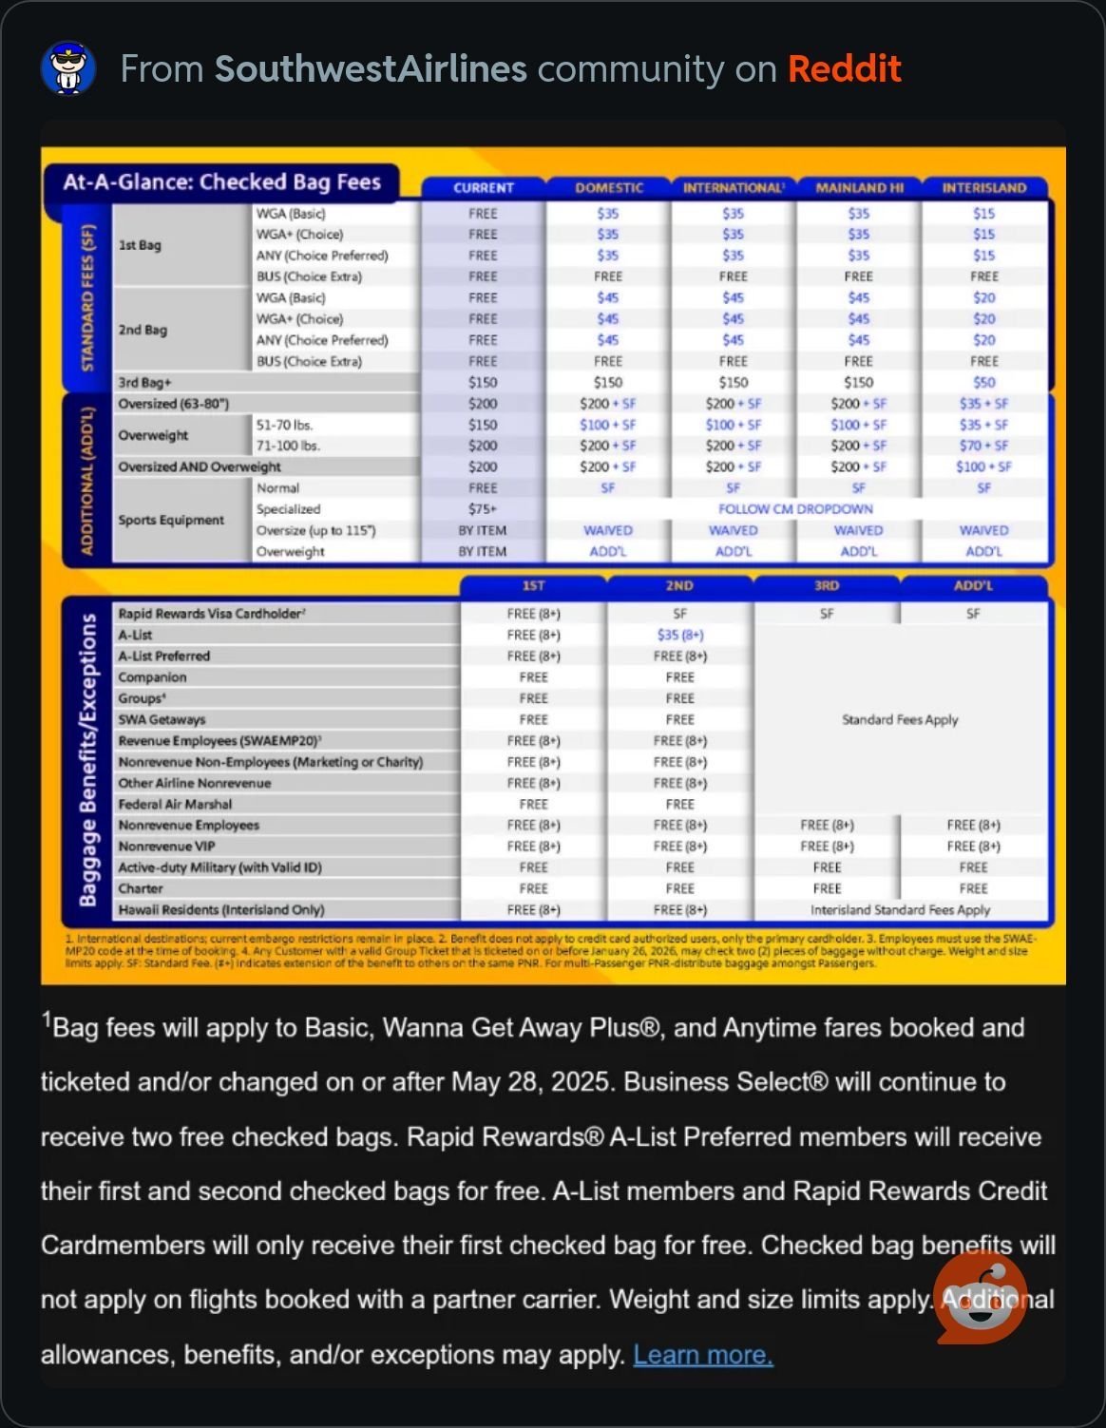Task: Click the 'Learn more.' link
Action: click(703, 1355)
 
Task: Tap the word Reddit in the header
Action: click(844, 68)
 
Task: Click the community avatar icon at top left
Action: click(68, 68)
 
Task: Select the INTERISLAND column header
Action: click(983, 188)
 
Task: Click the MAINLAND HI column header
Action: click(859, 188)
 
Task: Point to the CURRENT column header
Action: click(483, 188)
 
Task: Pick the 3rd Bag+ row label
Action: click(144, 382)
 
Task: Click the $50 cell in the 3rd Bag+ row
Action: click(983, 382)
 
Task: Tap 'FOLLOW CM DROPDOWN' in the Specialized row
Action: click(795, 509)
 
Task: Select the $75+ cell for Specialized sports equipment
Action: click(483, 509)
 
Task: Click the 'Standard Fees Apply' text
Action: click(900, 719)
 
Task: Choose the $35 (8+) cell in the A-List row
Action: click(679, 635)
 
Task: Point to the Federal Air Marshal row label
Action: click(175, 804)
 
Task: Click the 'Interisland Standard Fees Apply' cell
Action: click(900, 909)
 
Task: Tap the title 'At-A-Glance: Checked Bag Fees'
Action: click(221, 181)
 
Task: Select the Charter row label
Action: click(141, 888)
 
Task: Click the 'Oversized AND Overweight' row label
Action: click(200, 466)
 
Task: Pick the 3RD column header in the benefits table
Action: click(827, 585)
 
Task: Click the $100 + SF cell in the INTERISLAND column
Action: click(983, 466)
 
